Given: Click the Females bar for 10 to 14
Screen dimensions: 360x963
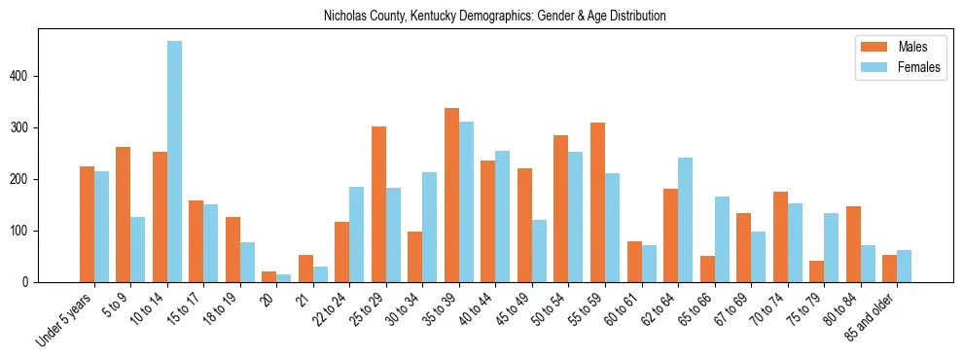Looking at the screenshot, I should [174, 162].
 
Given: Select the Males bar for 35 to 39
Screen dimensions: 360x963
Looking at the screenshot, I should [451, 195].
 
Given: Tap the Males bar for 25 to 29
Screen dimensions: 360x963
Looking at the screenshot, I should [378, 204].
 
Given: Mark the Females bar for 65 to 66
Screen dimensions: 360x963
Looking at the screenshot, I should [722, 239].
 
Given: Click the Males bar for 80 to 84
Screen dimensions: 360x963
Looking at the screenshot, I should [853, 244].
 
